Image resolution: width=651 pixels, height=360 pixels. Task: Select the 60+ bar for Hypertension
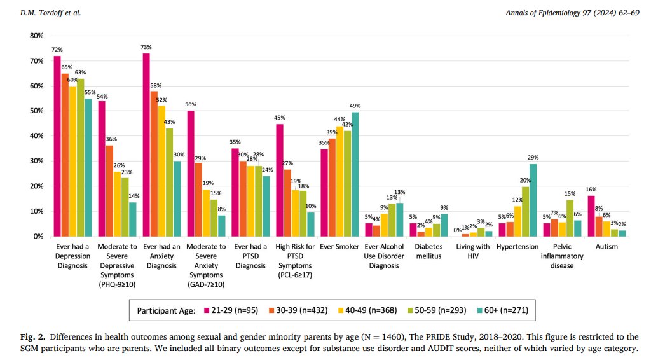533,200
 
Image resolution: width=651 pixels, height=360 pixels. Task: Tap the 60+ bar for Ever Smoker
355,174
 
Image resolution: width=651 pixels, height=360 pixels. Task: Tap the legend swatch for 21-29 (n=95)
207,310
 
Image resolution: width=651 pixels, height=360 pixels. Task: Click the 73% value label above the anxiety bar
146,48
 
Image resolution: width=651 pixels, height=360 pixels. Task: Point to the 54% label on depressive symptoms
102,96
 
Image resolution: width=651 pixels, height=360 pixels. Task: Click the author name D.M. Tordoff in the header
33,13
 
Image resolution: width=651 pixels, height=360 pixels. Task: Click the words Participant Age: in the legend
165,310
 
